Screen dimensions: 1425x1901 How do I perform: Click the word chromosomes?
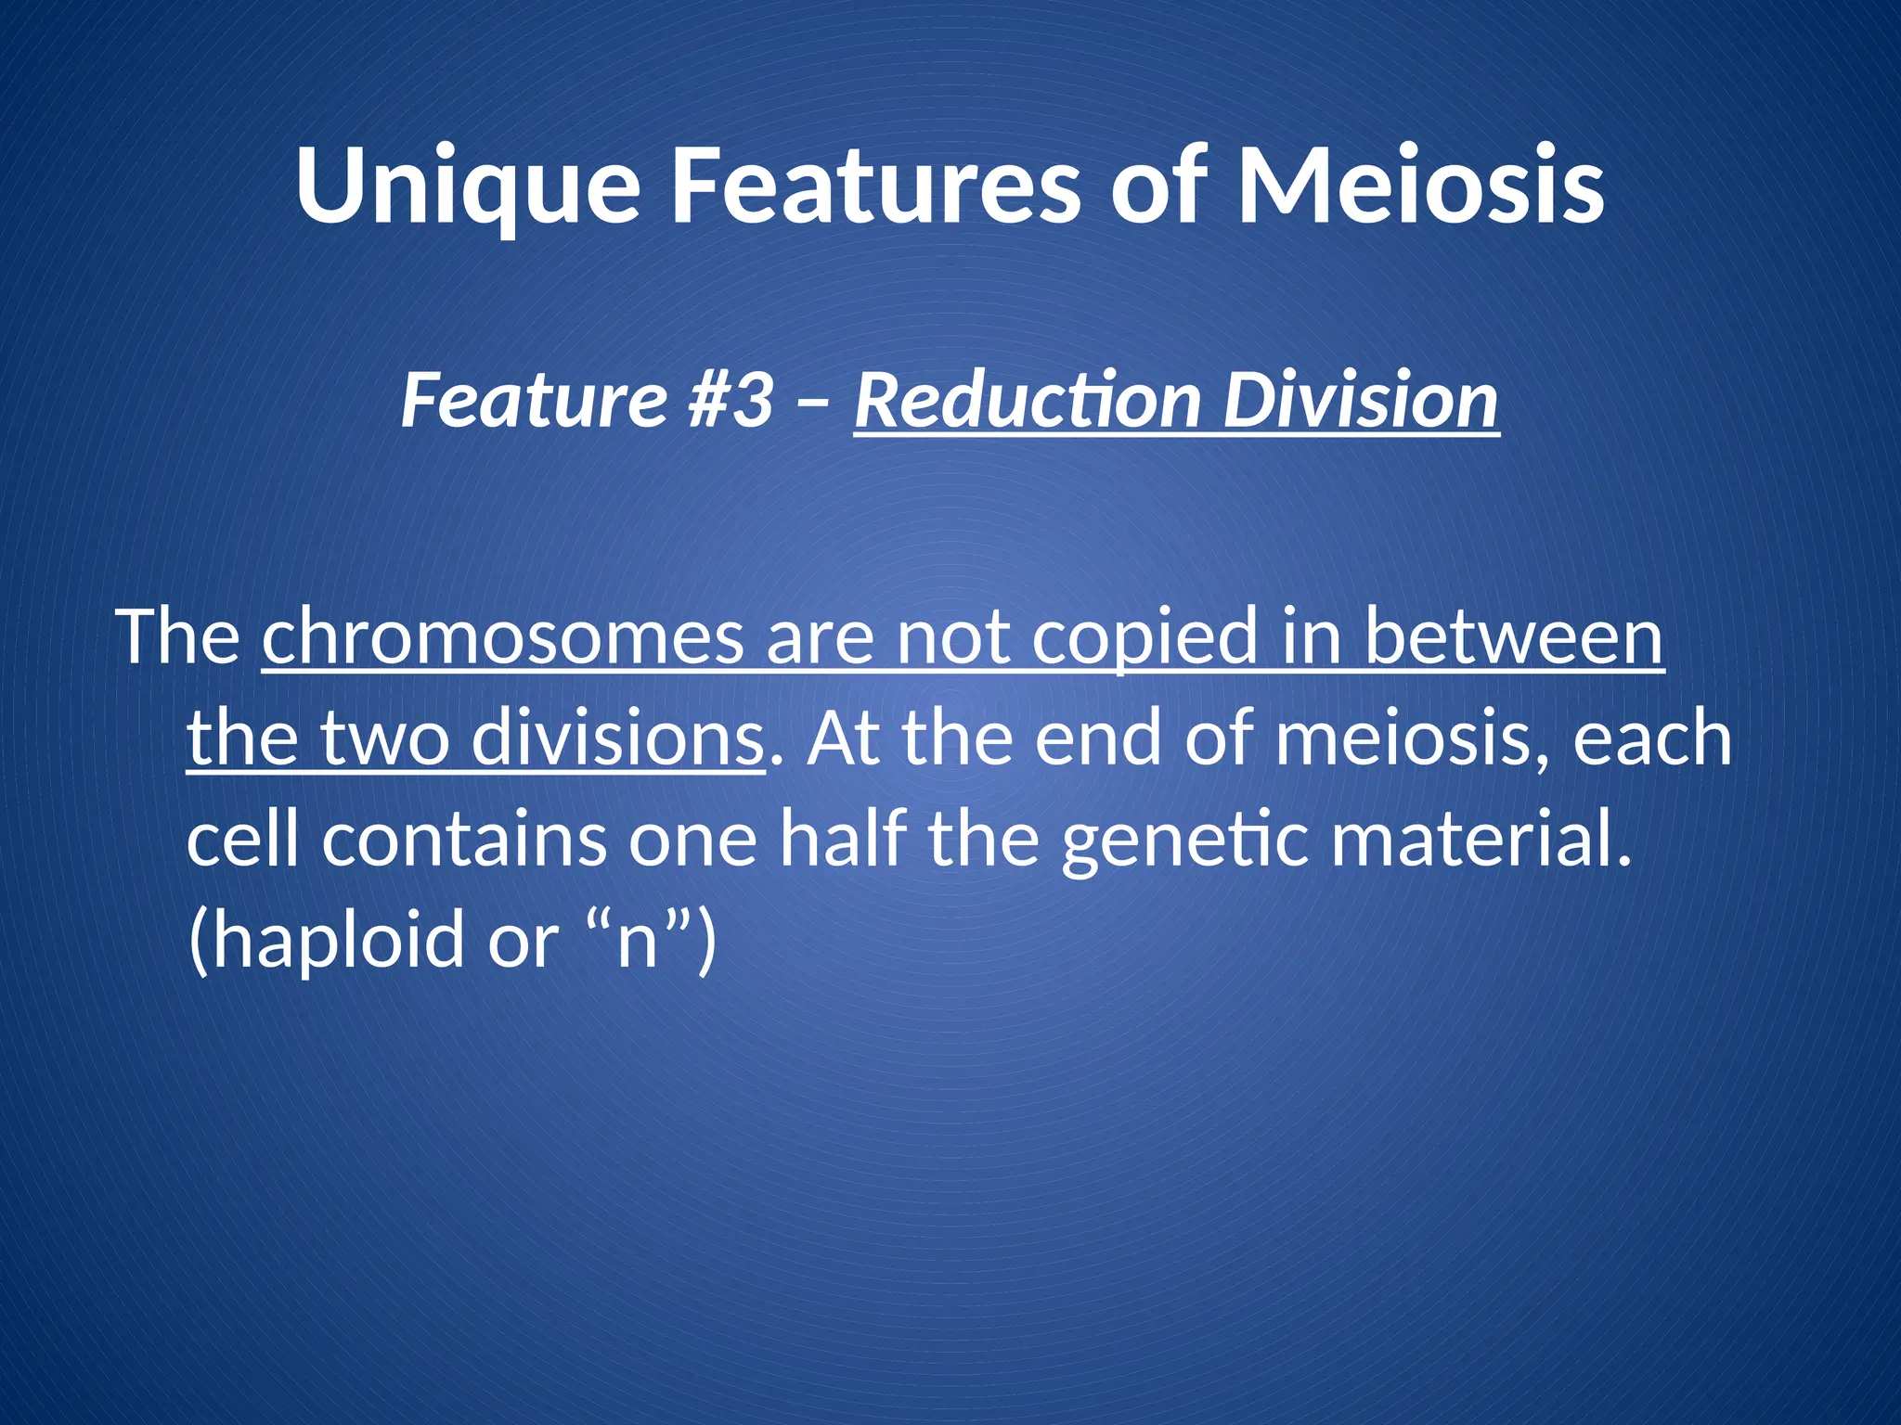tap(502, 637)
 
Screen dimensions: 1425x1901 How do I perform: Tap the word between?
tap(1514, 637)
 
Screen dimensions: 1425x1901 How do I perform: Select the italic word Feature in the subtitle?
tap(534, 400)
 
